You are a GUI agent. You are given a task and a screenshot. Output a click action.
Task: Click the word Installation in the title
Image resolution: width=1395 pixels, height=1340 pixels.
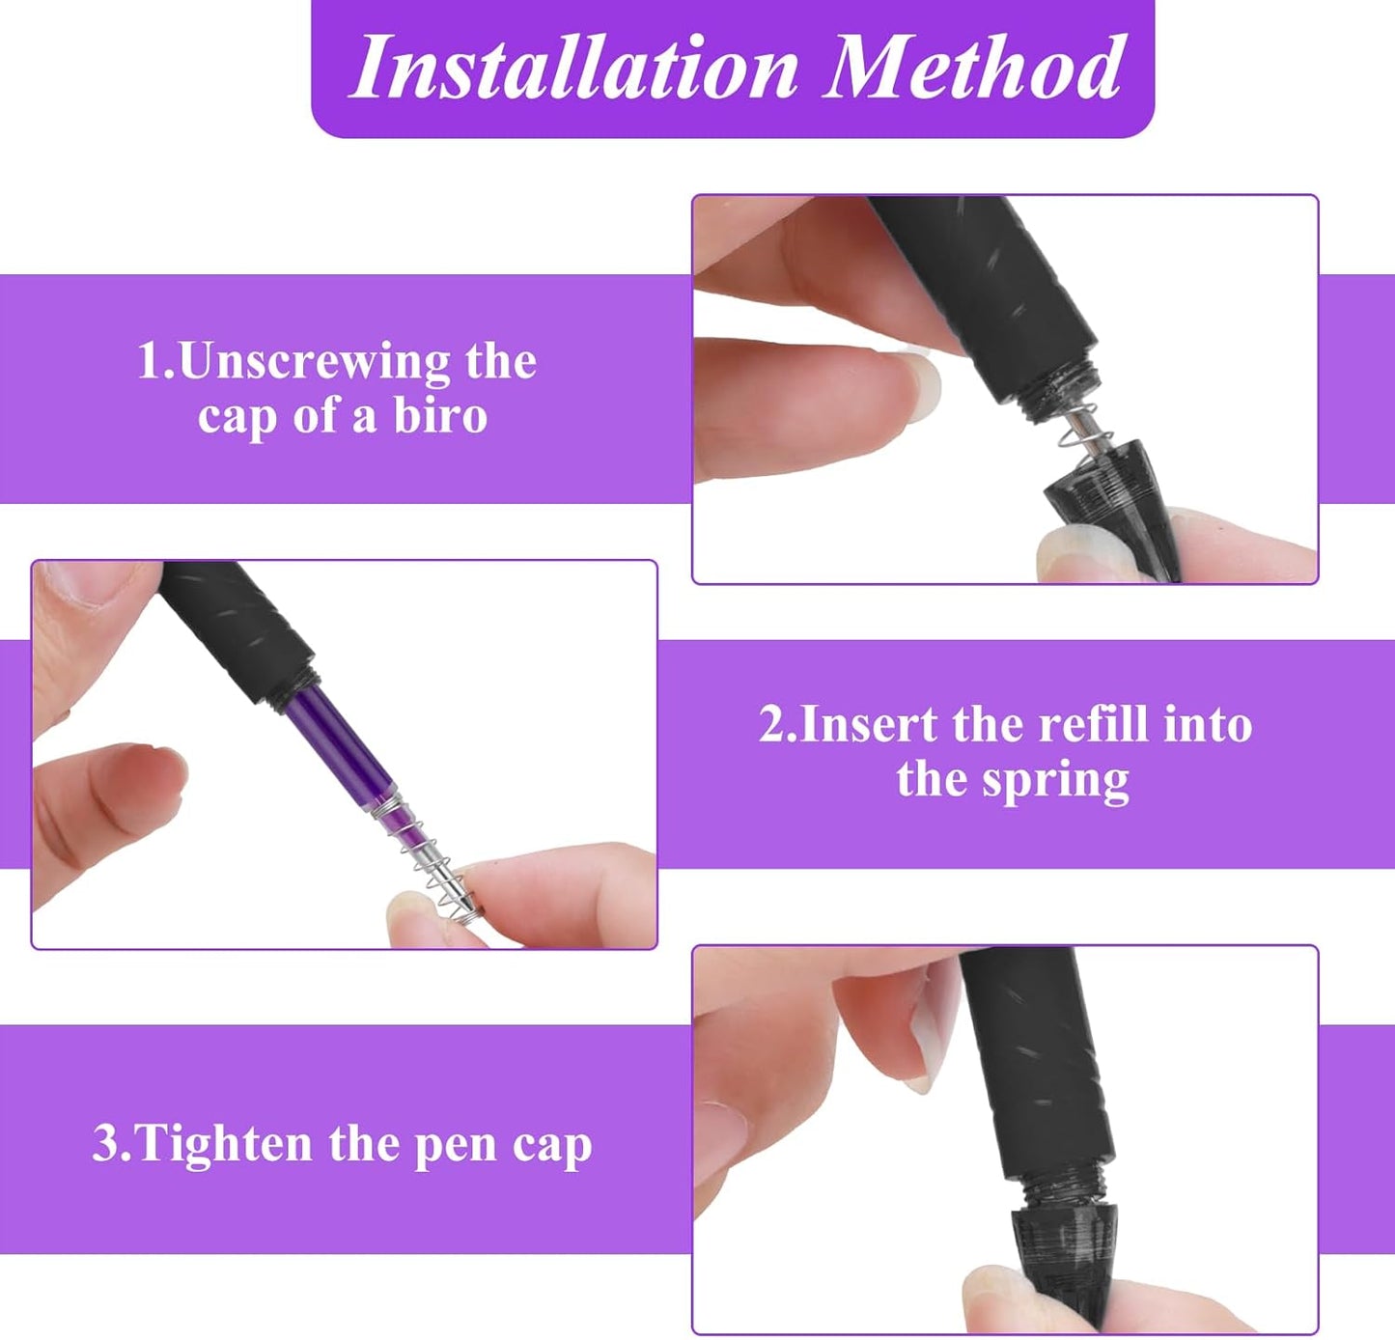(576, 68)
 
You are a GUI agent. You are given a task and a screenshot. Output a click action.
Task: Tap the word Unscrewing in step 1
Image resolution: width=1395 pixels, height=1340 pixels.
(315, 362)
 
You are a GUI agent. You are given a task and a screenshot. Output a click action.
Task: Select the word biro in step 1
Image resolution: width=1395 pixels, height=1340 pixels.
(440, 416)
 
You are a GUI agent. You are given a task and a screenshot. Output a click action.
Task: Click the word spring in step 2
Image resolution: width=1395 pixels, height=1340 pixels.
(1055, 781)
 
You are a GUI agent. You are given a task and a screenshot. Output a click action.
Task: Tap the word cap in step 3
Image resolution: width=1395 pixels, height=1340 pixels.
(551, 1146)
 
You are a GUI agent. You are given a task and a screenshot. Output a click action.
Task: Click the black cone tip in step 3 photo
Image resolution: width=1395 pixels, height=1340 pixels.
(1062, 1255)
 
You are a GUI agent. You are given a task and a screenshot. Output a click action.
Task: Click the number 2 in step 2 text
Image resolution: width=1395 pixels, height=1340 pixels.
(772, 724)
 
